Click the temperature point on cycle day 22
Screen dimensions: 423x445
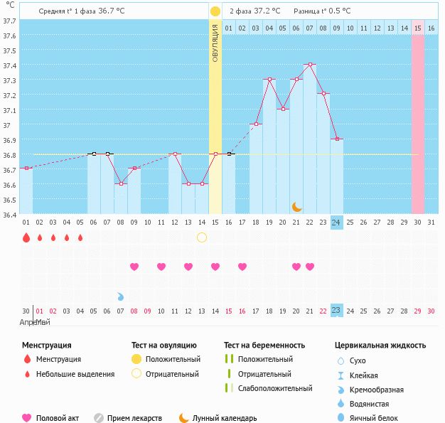[309, 64]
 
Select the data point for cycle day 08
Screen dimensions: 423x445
[120, 183]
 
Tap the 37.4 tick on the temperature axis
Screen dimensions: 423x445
[9, 65]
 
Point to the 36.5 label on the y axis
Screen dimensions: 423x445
[9, 200]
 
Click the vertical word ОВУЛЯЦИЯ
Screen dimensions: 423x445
[215, 43]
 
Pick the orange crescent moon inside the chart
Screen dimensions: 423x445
[296, 207]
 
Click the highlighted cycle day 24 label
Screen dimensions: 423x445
[336, 222]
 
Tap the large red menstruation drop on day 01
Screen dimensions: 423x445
[26, 237]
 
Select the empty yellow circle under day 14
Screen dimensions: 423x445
[202, 237]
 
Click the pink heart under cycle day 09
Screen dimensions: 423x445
[134, 267]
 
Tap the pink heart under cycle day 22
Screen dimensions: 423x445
[310, 267]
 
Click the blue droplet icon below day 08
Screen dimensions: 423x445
[120, 296]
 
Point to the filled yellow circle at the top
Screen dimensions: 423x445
[215, 11]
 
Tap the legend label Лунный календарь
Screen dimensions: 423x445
[225, 418]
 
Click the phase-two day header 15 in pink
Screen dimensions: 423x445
[418, 28]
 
